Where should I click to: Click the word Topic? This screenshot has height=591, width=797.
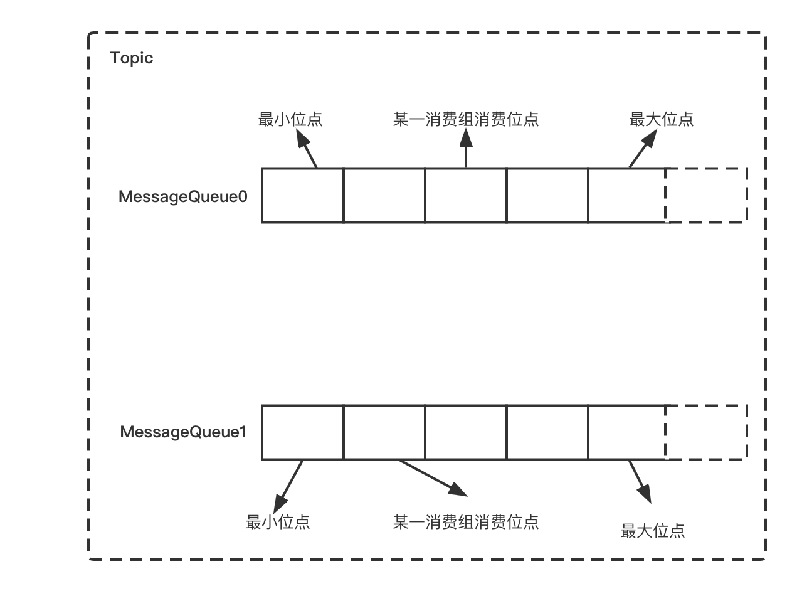(132, 58)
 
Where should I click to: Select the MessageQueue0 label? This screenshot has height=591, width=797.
(183, 196)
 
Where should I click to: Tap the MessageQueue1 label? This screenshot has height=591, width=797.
(183, 432)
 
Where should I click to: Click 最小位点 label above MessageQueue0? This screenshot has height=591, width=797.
(290, 119)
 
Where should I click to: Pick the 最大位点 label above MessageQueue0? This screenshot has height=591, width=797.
(662, 119)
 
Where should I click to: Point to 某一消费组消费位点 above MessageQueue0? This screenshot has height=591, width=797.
(465, 119)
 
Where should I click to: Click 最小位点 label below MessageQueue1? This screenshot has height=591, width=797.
(278, 522)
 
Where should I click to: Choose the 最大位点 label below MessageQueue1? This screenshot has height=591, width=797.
(652, 531)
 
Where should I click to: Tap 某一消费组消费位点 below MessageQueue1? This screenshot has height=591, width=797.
(465, 522)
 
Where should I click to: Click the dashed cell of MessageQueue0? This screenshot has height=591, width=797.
(706, 195)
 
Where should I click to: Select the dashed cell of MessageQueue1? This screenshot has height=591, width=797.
(706, 432)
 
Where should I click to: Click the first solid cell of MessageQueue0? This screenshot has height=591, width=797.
(302, 195)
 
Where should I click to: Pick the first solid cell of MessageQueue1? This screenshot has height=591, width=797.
(302, 432)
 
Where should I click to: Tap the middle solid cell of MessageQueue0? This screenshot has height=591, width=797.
(465, 195)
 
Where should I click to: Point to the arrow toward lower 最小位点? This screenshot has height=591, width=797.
(288, 486)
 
